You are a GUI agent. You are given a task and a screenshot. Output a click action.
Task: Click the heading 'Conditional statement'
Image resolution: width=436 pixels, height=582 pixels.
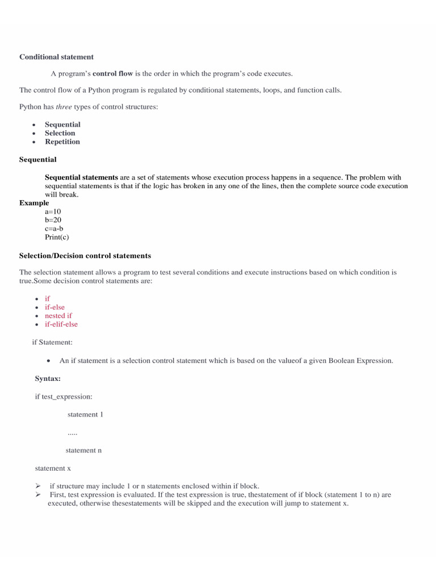pos(57,57)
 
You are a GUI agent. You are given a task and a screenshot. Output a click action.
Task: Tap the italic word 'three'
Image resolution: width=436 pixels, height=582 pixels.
pos(64,107)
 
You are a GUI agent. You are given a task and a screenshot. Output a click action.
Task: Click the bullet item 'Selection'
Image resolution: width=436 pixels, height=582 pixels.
pos(60,133)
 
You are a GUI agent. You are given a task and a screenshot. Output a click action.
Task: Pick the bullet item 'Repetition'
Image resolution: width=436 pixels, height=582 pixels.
pos(62,142)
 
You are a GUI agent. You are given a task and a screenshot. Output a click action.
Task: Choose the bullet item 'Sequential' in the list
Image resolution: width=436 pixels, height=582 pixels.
pos(62,124)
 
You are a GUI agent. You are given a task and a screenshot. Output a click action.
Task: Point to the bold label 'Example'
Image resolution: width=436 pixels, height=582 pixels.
pos(34,203)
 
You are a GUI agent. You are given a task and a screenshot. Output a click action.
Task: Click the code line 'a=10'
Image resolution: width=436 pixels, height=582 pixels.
pos(53,211)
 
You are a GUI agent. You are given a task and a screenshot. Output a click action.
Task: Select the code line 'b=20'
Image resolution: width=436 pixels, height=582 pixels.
pos(53,220)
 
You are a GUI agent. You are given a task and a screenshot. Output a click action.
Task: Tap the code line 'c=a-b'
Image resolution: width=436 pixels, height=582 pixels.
pos(54,228)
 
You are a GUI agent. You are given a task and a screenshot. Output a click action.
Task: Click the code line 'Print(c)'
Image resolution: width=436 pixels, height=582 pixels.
pos(57,237)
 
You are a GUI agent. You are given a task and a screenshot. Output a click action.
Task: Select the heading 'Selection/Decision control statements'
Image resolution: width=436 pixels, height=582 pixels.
pos(85,256)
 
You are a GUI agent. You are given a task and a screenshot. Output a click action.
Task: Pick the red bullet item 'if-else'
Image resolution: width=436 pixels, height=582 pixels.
pos(55,307)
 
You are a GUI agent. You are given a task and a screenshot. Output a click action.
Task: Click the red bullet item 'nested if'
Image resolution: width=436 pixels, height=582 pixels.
pos(58,315)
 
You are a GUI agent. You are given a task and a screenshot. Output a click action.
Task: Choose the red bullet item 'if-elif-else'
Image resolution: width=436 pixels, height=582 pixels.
pos(61,324)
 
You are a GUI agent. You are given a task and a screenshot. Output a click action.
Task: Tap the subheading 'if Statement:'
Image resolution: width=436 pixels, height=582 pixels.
pos(52,342)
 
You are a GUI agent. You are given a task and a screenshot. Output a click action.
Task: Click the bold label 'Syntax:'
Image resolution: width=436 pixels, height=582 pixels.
pos(48,379)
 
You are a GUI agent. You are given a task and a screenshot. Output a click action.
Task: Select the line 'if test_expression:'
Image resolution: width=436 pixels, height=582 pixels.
pos(64,397)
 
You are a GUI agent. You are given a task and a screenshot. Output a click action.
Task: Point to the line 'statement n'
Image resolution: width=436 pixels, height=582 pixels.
pos(83,450)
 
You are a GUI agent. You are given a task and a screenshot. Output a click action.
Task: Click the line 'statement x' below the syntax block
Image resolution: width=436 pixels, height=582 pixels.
pos(53,468)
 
